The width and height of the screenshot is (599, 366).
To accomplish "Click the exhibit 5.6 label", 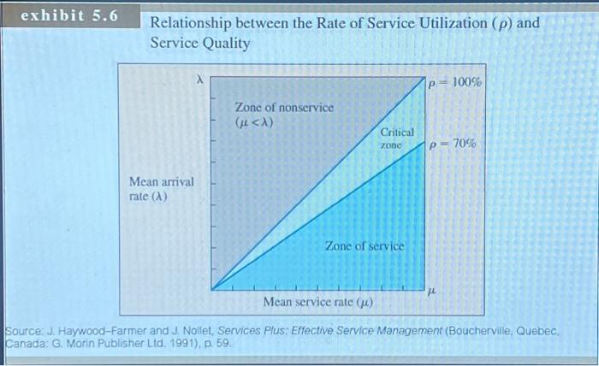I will point(69,16).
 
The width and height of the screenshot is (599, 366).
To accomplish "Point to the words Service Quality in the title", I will point(200,43).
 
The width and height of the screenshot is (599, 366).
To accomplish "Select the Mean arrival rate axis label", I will point(161,189).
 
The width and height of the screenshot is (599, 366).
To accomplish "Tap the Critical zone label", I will point(397,139).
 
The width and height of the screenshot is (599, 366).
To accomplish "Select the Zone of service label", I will point(364,246).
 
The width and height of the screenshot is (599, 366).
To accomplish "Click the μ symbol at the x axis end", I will point(433,292).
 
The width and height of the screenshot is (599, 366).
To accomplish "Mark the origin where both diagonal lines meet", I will point(212,289).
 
